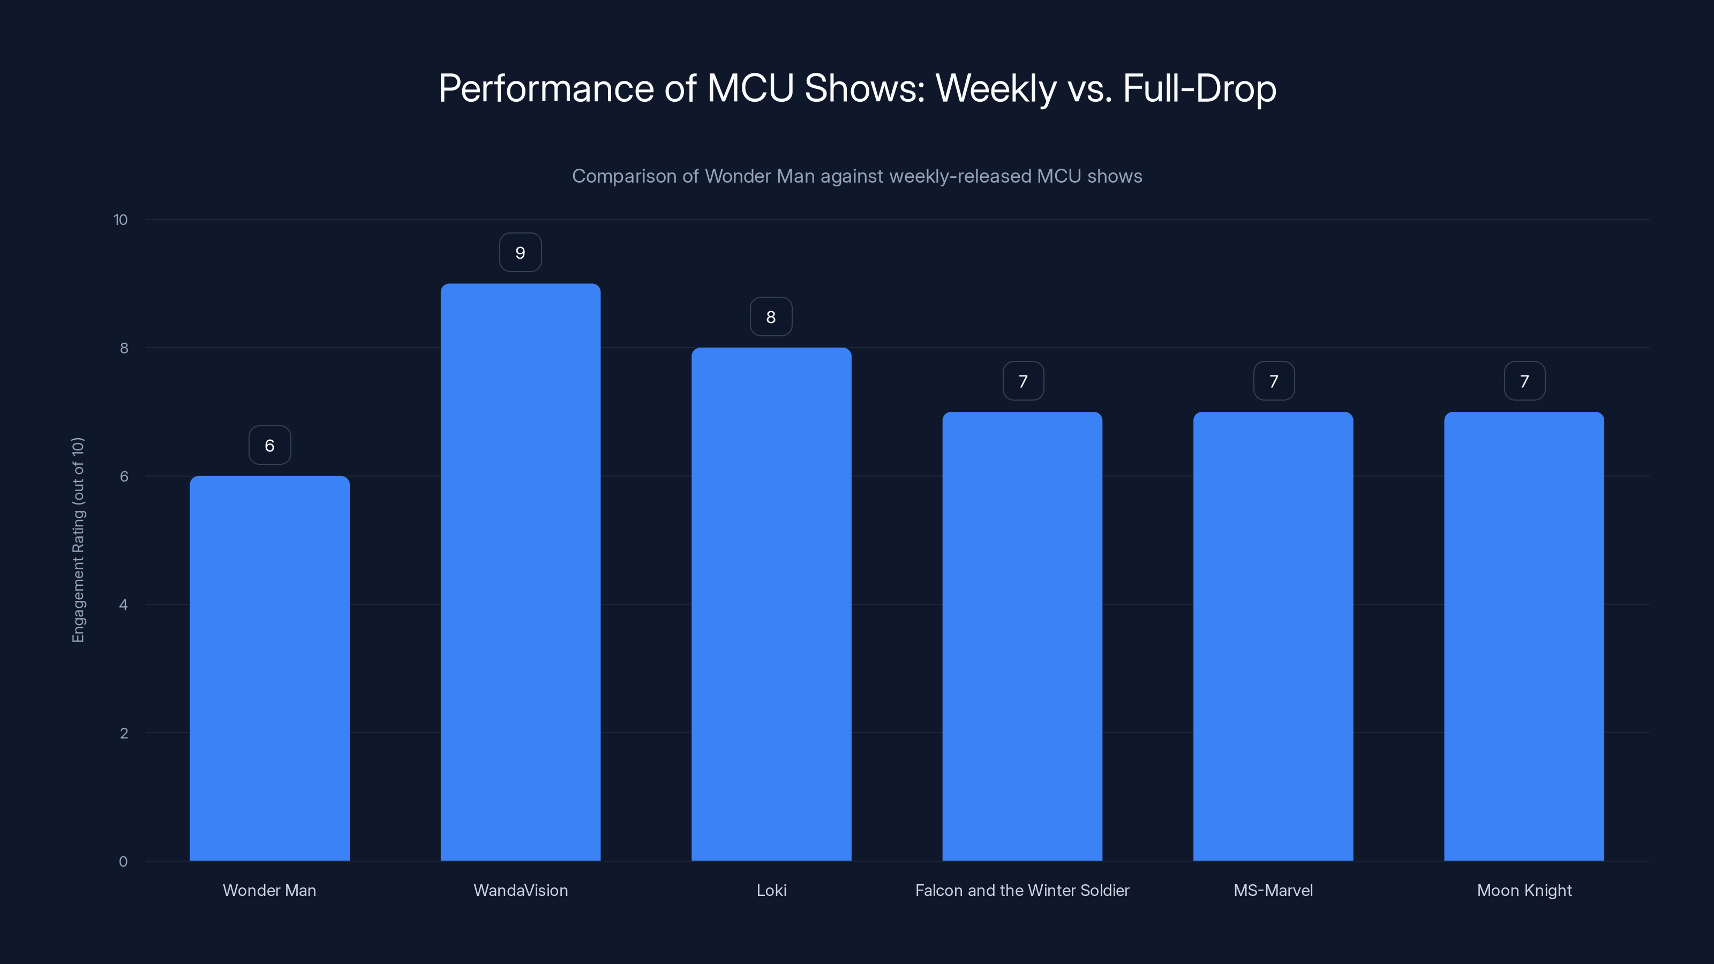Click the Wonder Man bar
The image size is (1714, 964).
coord(269,668)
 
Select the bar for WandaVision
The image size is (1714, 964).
coord(520,572)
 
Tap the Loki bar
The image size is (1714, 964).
coord(771,604)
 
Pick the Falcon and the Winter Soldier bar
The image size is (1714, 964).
coord(1022,636)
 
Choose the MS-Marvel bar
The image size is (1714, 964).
coord(1273,636)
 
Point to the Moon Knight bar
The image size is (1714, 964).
coord(1524,636)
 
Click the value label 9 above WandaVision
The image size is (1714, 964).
coord(520,253)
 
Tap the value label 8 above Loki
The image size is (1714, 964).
coord(771,317)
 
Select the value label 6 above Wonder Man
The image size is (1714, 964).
coord(269,445)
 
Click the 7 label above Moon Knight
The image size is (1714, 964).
coord(1524,381)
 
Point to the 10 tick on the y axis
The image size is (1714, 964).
coord(121,220)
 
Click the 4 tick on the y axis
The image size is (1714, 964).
coord(124,605)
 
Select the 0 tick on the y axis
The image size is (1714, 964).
coord(124,862)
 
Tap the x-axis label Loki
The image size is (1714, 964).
coord(771,890)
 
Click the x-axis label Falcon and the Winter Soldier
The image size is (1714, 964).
coord(1022,890)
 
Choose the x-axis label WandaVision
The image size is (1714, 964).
coord(520,890)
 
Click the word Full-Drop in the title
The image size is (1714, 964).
coord(1199,88)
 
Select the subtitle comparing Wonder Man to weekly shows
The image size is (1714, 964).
coord(857,176)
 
